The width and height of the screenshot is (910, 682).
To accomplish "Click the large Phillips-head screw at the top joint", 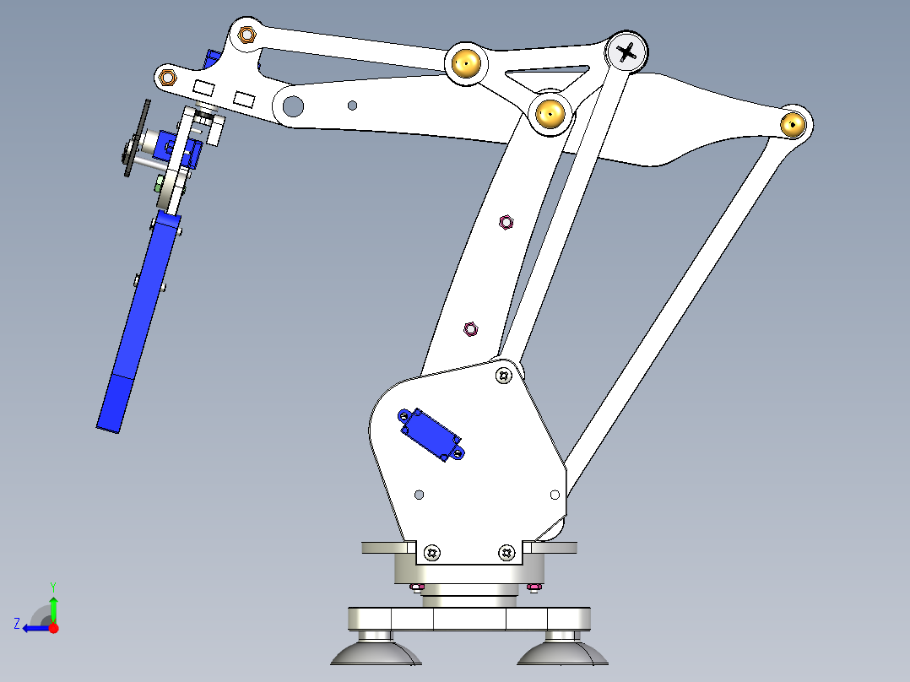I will click(x=627, y=53).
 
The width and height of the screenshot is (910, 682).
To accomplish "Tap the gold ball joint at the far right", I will click(x=793, y=124).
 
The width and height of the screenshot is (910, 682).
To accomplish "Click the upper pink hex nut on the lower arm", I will click(x=506, y=221).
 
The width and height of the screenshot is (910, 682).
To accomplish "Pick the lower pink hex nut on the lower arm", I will click(x=471, y=327).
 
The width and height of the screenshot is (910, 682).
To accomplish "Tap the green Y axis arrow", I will click(x=53, y=606).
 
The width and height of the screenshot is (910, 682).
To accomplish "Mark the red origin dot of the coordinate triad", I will click(x=53, y=628).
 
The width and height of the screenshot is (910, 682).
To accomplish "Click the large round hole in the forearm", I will click(x=293, y=106).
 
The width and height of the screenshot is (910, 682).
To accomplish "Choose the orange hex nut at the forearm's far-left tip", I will click(x=168, y=78).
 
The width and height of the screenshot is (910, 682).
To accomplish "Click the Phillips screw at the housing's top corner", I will click(x=504, y=375).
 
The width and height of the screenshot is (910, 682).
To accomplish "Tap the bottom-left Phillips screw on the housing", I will click(x=432, y=553).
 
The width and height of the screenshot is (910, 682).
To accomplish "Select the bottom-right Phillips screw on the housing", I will click(x=506, y=553).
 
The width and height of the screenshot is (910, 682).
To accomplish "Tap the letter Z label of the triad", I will click(x=17, y=624).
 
